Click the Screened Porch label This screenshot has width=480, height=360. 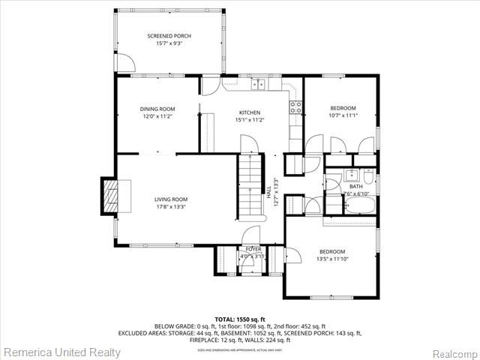coord(169,35)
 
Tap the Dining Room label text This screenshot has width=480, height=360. coord(157,109)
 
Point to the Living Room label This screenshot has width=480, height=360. coord(170,199)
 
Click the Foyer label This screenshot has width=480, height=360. coord(254,248)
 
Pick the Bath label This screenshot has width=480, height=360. coord(355,186)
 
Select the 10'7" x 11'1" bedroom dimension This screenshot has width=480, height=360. coord(342,115)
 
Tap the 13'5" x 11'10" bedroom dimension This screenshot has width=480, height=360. coord(332,259)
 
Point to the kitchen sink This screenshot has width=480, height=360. coord(259,85)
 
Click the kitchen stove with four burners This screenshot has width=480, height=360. coord(296,106)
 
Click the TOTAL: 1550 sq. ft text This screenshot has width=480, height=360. coord(239,319)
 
